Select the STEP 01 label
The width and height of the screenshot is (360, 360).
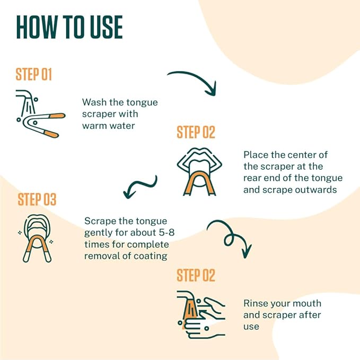point(34,74)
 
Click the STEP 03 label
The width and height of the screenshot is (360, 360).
point(37,200)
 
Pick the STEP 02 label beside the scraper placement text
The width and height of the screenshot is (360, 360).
point(196,132)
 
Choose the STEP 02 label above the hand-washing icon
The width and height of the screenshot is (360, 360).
point(196,276)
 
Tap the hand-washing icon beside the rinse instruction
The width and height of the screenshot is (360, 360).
point(200,314)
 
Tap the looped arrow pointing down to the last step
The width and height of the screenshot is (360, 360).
point(230,236)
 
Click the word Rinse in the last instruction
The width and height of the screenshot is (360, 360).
point(256,304)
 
